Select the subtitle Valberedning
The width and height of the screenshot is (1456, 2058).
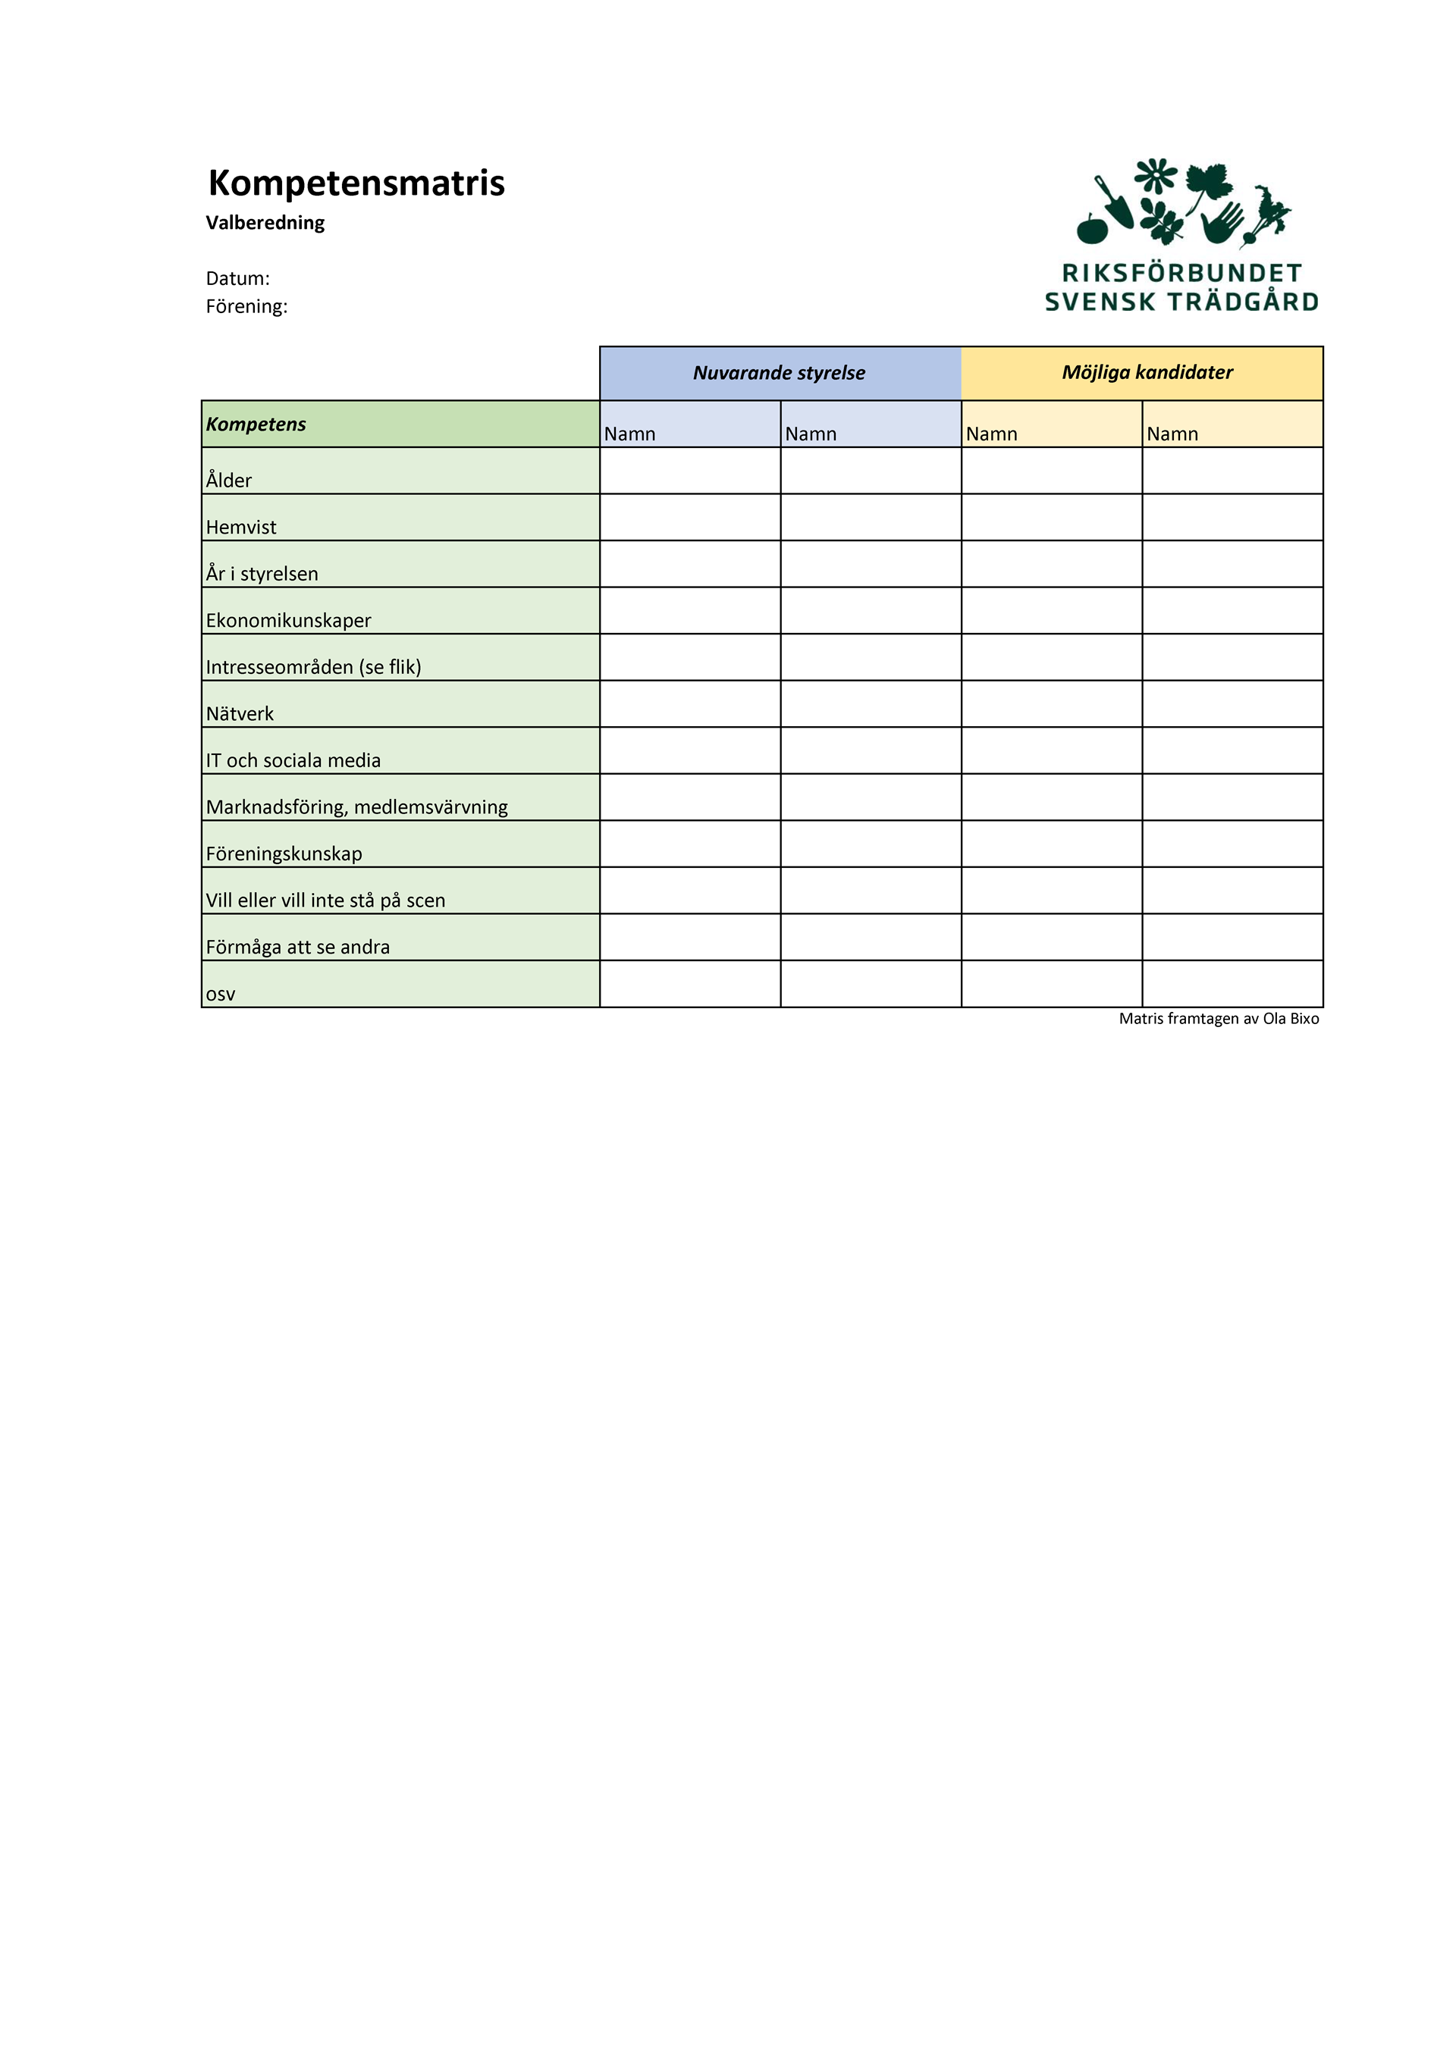point(265,222)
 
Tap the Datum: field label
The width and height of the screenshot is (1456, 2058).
point(237,279)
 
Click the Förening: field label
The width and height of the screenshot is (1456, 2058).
point(246,306)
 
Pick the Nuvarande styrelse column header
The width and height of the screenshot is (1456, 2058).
point(779,373)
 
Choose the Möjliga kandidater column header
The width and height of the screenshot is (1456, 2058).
point(1147,372)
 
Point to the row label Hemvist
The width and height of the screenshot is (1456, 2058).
point(241,527)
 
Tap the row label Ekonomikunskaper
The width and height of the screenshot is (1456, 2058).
point(288,620)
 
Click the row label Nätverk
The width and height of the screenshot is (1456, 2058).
point(240,713)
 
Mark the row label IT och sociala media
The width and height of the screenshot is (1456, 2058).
point(293,760)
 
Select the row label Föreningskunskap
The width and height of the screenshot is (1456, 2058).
point(284,854)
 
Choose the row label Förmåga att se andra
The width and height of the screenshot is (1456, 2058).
point(298,947)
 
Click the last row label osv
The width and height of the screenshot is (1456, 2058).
point(221,994)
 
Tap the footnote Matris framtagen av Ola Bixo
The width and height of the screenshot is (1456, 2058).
point(1219,1018)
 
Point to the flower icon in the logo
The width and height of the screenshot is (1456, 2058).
point(1156,176)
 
